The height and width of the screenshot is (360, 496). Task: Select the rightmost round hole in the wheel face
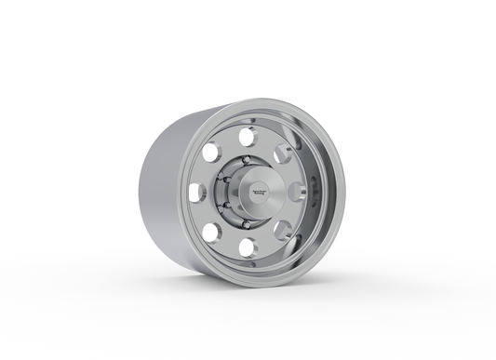(296, 191)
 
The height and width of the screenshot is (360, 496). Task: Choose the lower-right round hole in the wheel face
(278, 228)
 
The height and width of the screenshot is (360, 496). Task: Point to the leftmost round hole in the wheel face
(196, 193)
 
